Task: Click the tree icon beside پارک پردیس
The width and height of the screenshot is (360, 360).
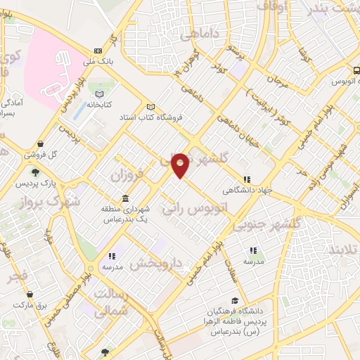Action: tap(35, 171)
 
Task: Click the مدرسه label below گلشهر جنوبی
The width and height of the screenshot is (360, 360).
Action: tap(253, 261)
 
